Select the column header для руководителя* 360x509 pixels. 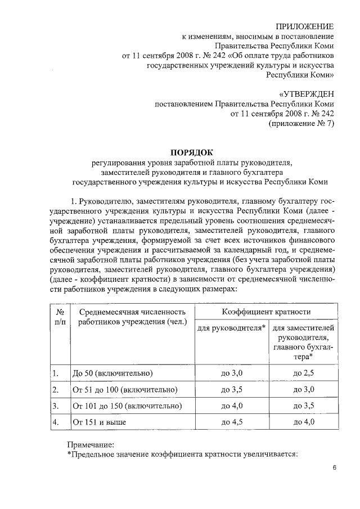coord(232,327)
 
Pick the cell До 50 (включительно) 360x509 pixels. coord(112,373)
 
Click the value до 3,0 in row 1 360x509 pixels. coord(232,373)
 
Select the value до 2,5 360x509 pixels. coord(304,373)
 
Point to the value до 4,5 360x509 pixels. coord(232,421)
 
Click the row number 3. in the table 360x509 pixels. coord(55,405)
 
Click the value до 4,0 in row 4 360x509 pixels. coord(304,421)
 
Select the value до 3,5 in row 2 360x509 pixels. coord(232,389)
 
